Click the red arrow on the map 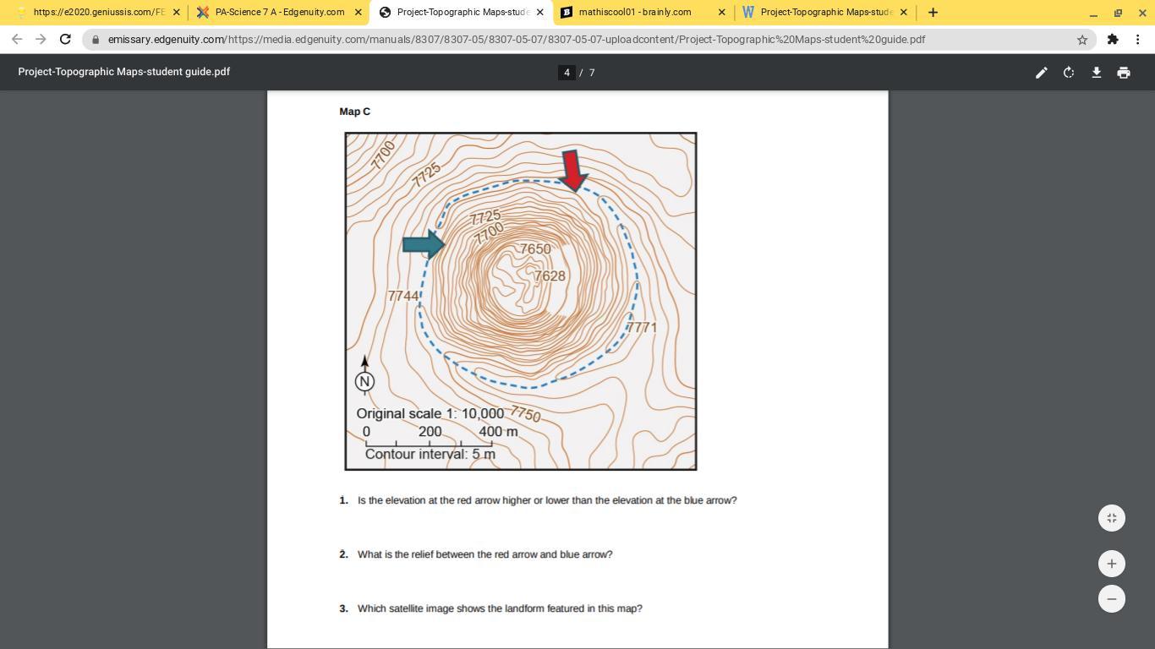[573, 171]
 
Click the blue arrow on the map [424, 244]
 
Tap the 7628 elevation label [550, 276]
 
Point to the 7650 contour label [535, 249]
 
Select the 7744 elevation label [403, 296]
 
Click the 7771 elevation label [642, 327]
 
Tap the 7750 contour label [525, 413]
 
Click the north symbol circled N [364, 381]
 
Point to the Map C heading [355, 112]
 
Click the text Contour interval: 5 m [430, 454]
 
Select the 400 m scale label [498, 432]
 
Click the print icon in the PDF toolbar [1124, 73]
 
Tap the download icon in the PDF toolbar [1096, 73]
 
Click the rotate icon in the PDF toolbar [1069, 73]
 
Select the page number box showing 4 [567, 73]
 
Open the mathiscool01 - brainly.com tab [635, 12]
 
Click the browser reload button [65, 39]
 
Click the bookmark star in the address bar [1081, 40]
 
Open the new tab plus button [933, 13]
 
